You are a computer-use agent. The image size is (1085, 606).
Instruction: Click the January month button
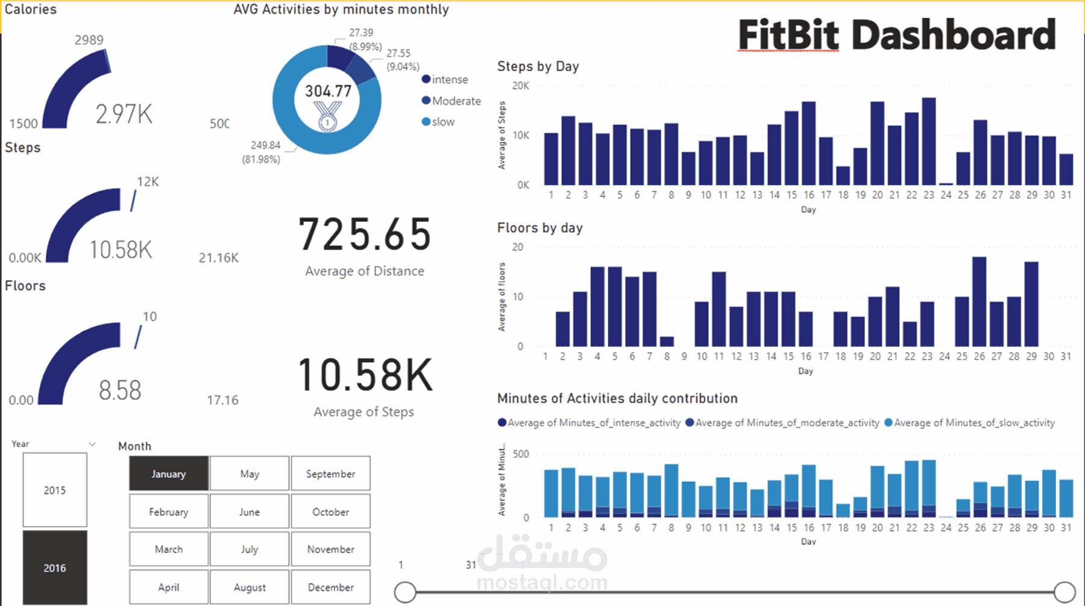pyautogui.click(x=169, y=474)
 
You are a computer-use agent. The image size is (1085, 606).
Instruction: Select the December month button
pyautogui.click(x=330, y=587)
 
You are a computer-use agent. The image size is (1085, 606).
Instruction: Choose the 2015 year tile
pyautogui.click(x=55, y=490)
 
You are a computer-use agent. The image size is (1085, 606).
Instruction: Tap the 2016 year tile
pyautogui.click(x=55, y=568)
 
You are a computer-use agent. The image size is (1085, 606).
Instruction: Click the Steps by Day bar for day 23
pyautogui.click(x=929, y=142)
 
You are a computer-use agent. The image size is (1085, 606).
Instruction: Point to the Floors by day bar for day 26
pyautogui.click(x=979, y=301)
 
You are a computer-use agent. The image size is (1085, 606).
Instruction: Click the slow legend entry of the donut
pyautogui.click(x=442, y=122)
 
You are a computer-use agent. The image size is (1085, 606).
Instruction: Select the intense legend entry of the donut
pyautogui.click(x=449, y=80)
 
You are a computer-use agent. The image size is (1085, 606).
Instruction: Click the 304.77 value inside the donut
pyautogui.click(x=328, y=91)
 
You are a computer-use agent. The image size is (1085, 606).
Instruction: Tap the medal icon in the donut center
pyautogui.click(x=327, y=116)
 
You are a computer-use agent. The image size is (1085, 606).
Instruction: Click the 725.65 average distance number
pyautogui.click(x=365, y=235)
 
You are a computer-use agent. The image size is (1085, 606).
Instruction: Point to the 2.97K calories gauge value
pyautogui.click(x=124, y=114)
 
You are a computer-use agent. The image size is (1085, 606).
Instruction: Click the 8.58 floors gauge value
pyautogui.click(x=120, y=390)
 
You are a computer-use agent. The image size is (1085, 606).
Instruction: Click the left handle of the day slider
pyautogui.click(x=405, y=592)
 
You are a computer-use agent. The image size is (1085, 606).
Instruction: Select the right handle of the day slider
pyautogui.click(x=1065, y=592)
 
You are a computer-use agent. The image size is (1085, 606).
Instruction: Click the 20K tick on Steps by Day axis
pyautogui.click(x=520, y=86)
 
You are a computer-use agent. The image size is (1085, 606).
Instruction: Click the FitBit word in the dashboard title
pyautogui.click(x=788, y=35)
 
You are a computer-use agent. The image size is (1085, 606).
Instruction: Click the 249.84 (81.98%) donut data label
pyautogui.click(x=262, y=152)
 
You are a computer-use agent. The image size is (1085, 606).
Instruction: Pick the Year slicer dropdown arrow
pyautogui.click(x=92, y=444)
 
